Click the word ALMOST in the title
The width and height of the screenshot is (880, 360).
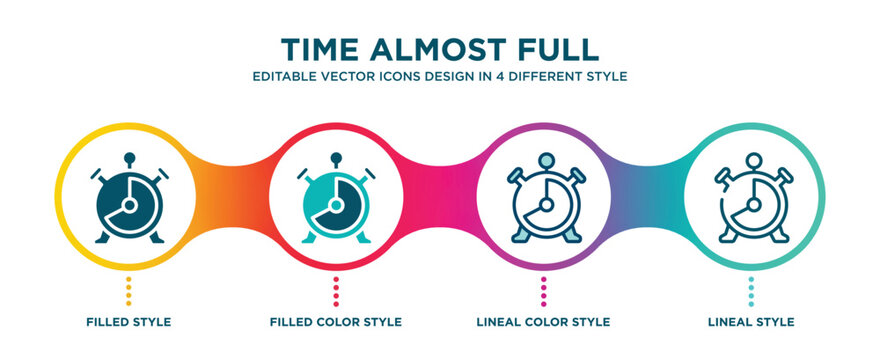[x=441, y=49]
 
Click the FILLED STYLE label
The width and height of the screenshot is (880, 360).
[x=129, y=322]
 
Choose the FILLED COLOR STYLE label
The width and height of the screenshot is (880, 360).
[x=336, y=322]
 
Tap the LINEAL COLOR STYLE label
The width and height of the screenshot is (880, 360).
[x=544, y=322]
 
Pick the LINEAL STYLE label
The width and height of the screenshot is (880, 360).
[x=752, y=322]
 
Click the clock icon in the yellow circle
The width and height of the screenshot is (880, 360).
[x=129, y=199]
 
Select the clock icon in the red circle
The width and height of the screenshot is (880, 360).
[x=336, y=199]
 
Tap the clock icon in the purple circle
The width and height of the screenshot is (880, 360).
[x=544, y=199]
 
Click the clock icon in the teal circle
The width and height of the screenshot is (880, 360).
[x=752, y=199]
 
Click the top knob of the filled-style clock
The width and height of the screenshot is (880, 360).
[x=129, y=157]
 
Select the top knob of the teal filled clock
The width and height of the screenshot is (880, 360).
[x=336, y=157]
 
